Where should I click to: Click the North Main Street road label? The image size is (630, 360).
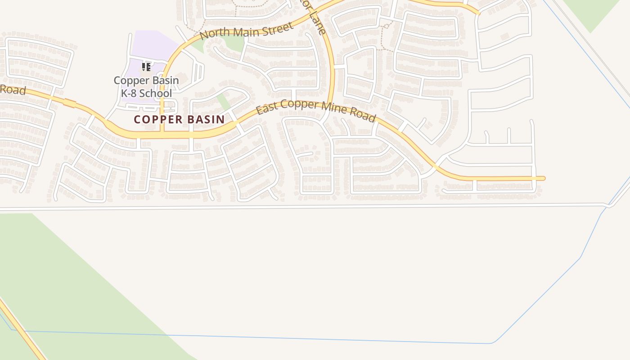coord(247,31)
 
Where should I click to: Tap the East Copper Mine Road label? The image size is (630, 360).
coord(316,110)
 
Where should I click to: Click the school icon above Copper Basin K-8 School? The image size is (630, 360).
coord(146,67)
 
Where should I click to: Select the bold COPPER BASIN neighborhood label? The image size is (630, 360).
coord(179,119)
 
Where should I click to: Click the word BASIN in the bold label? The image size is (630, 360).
coord(205,119)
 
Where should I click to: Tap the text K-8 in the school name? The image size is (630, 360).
coord(129,94)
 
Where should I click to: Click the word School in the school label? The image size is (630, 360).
coord(155,94)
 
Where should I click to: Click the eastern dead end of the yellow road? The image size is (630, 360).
coord(543,179)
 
